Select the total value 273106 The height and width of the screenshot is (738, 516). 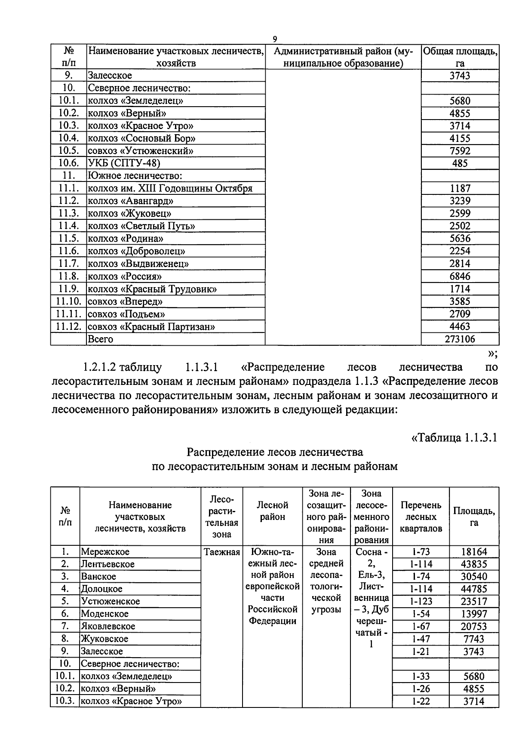coord(460,339)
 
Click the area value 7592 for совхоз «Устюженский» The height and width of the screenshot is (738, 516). coord(460,151)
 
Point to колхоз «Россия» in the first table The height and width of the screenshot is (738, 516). coord(124,277)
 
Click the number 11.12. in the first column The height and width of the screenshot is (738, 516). coord(68,327)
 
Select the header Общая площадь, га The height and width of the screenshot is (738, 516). coord(460,57)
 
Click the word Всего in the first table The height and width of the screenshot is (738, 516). coord(100,339)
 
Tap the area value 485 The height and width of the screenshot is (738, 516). coord(460,163)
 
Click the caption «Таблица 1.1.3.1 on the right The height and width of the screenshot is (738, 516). coord(454,438)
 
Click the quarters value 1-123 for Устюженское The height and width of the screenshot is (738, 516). coord(421,602)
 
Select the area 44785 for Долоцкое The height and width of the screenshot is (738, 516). coord(474,589)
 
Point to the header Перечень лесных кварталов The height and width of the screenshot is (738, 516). coord(421,517)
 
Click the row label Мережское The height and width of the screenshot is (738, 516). coord(105,552)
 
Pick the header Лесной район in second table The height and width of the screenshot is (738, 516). coord(273,510)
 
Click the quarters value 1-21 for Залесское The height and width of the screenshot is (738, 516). coord(421,652)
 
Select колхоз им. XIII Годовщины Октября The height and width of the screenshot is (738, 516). coord(170,188)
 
